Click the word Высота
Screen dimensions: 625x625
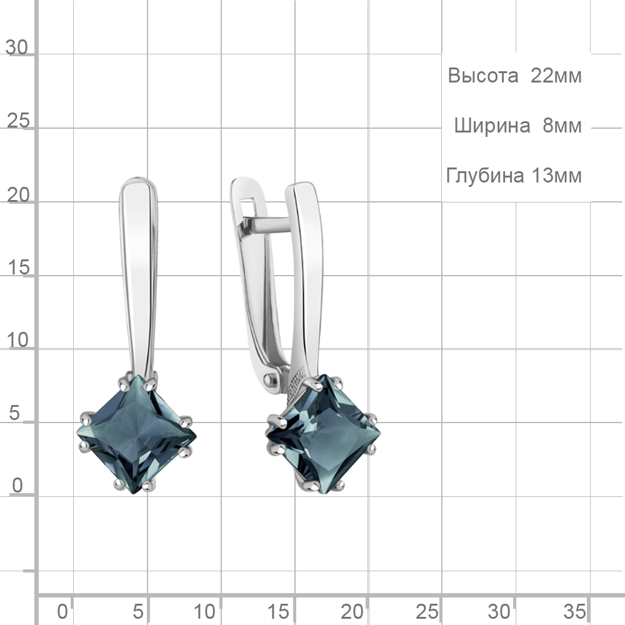[482, 76]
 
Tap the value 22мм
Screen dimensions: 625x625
[556, 76]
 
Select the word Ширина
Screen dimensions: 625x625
[492, 126]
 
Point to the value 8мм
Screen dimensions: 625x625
[562, 126]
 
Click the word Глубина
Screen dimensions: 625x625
[485, 176]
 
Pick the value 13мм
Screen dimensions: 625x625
[556, 176]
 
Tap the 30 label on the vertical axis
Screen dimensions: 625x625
[17, 48]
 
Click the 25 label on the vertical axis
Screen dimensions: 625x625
[18, 121]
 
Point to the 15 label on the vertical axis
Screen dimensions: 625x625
[18, 267]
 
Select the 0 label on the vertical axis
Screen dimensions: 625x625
[17, 486]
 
